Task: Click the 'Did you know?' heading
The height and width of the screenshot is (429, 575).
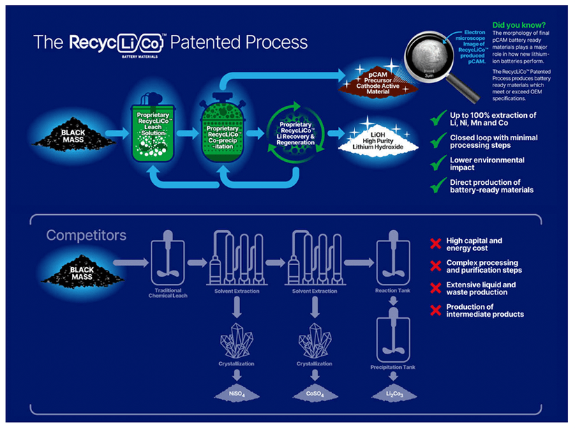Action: pos(520,24)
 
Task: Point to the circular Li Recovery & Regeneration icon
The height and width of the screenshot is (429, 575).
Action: pos(294,133)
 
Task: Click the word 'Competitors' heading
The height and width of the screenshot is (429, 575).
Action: pos(87,235)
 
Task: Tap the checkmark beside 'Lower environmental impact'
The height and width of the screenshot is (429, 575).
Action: pos(438,163)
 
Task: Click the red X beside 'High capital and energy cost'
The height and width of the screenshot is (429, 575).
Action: pos(435,244)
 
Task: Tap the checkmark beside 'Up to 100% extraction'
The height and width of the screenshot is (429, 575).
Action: pos(438,118)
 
